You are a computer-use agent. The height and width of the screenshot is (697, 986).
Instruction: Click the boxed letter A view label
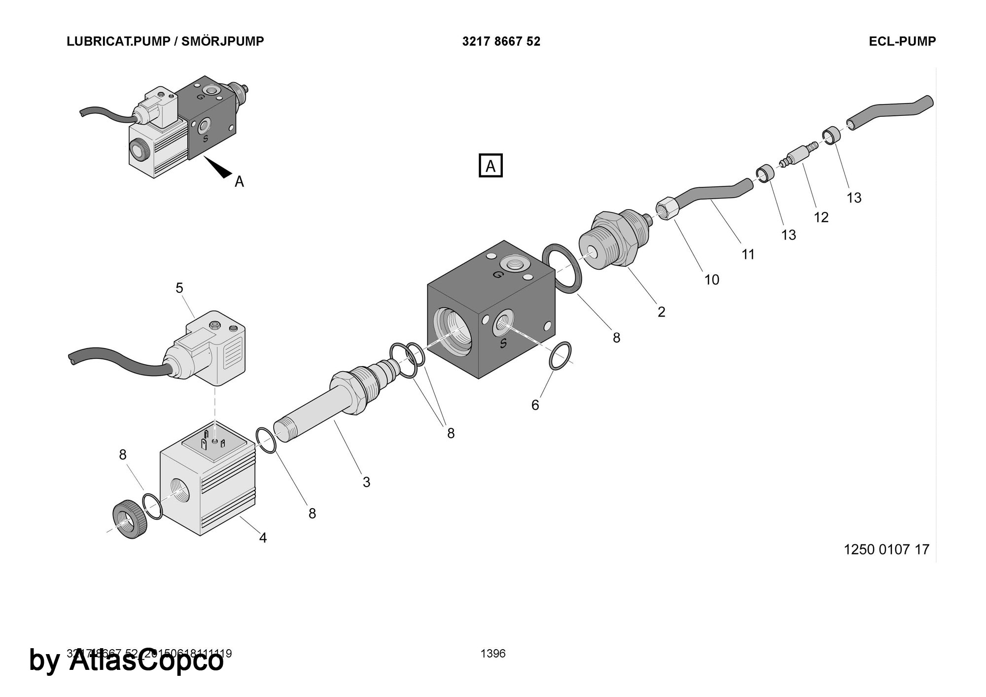click(x=491, y=166)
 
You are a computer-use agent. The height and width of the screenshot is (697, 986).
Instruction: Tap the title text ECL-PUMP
click(x=902, y=41)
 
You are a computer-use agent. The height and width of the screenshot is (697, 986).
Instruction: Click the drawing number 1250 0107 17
click(x=886, y=549)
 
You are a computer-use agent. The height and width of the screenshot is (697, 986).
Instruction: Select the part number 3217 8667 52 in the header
click(x=501, y=41)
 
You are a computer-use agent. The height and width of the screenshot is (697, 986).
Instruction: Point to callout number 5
click(x=179, y=288)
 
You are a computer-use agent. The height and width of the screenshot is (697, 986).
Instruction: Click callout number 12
click(x=821, y=217)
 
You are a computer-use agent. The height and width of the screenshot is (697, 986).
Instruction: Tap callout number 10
click(x=711, y=280)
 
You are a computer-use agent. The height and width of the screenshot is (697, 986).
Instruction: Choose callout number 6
click(x=535, y=405)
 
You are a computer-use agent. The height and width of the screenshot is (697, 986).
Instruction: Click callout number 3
click(x=366, y=482)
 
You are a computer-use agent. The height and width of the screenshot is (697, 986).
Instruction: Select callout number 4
click(x=263, y=538)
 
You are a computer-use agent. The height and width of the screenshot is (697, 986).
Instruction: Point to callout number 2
click(x=661, y=312)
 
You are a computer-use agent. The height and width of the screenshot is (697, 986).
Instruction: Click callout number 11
click(x=748, y=254)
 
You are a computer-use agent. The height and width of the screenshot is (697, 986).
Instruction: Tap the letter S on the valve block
click(x=503, y=344)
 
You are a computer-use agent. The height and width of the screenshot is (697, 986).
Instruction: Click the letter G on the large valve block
click(x=498, y=274)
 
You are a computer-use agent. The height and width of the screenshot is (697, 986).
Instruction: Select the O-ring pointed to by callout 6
click(x=560, y=355)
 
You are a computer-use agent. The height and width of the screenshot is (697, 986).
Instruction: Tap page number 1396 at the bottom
click(x=493, y=654)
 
